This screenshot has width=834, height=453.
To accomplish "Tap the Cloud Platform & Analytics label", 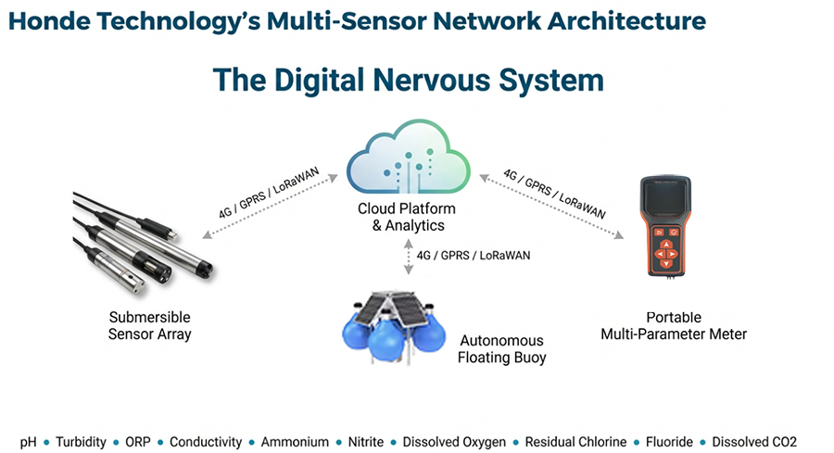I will [407, 217].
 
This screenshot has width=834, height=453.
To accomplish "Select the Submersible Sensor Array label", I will [149, 325].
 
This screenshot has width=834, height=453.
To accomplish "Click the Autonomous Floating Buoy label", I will [501, 348].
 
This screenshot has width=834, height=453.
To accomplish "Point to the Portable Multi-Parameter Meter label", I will [673, 325].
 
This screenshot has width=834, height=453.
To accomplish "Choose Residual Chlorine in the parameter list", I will [575, 442].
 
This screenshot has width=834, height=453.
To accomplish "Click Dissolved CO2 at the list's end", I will [752, 442].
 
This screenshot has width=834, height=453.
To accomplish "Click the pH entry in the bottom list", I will [30, 442].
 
